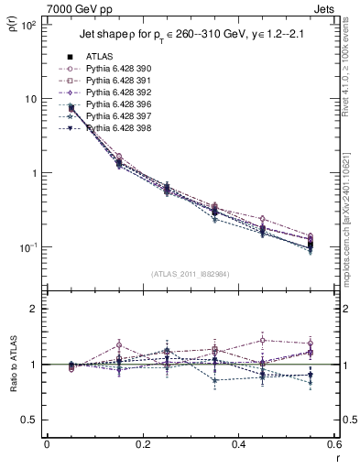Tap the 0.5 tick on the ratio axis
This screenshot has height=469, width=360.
click(30, 420)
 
